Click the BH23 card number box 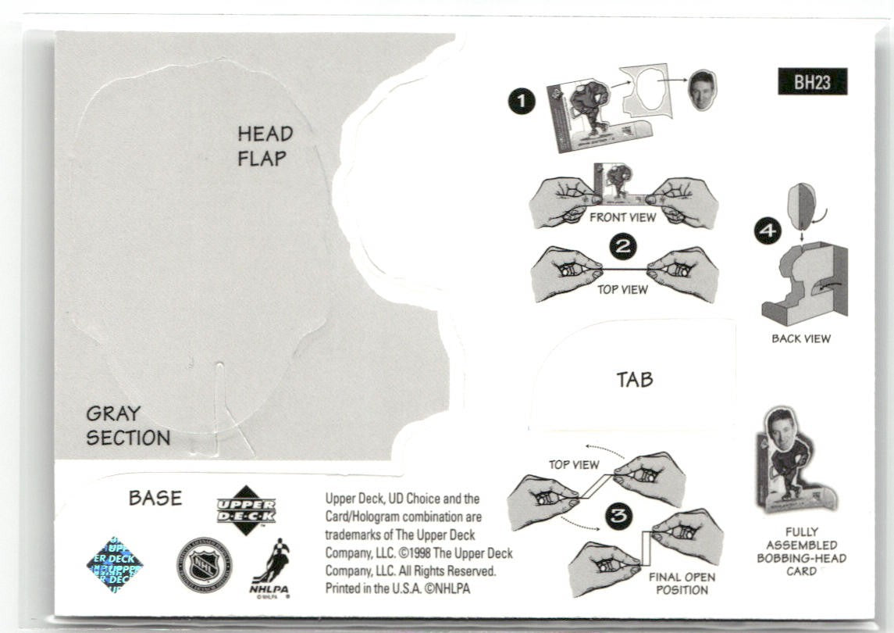pyautogui.click(x=812, y=82)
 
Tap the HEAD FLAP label pyautogui.click(x=265, y=146)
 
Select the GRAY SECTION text pyautogui.click(x=128, y=426)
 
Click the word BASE pyautogui.click(x=155, y=498)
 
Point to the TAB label pyautogui.click(x=634, y=380)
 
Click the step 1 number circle pyautogui.click(x=522, y=102)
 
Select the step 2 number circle pyautogui.click(x=622, y=248)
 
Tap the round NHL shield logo pyautogui.click(x=204, y=564)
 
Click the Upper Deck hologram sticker pyautogui.click(x=115, y=565)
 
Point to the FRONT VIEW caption pyautogui.click(x=622, y=217)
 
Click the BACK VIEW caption pyautogui.click(x=801, y=338)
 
